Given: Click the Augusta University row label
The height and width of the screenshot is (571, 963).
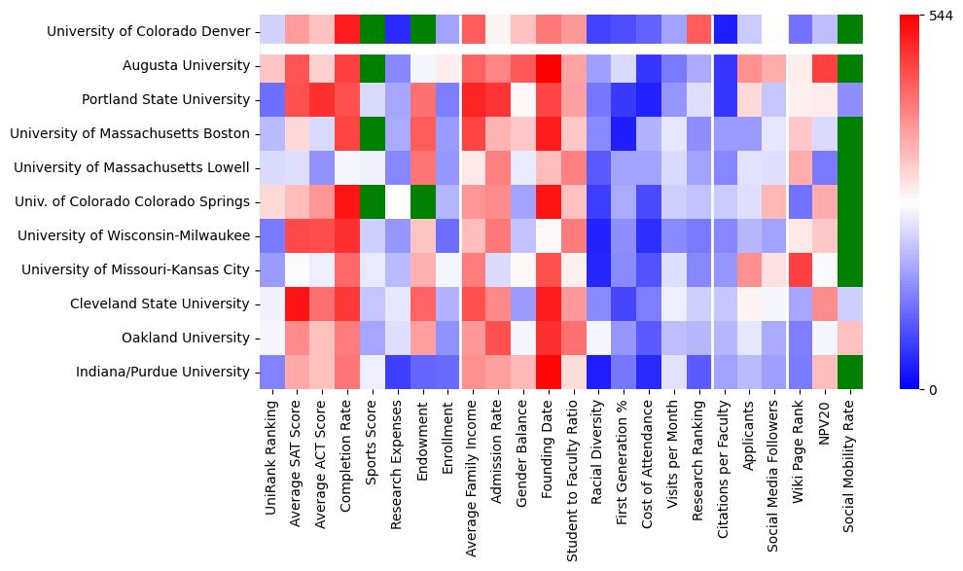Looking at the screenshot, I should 186,66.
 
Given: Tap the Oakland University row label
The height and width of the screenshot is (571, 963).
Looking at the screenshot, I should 186,339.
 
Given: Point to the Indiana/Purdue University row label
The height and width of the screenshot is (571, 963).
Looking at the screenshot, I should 168,373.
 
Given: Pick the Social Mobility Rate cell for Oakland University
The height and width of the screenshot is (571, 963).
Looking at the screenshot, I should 850,338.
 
